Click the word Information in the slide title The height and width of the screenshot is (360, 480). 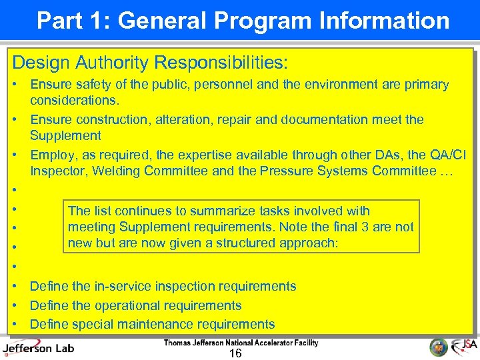[386, 21]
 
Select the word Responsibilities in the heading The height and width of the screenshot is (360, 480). [220, 63]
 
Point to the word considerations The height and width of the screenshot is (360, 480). [75, 100]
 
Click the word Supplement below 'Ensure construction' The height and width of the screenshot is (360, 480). [65, 135]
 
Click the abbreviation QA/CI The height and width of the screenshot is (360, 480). [448, 155]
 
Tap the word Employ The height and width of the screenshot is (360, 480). [51, 155]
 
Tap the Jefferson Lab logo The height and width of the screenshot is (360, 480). [38, 347]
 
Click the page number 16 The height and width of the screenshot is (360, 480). [235, 353]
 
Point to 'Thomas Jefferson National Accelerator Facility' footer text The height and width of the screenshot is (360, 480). [241, 343]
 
